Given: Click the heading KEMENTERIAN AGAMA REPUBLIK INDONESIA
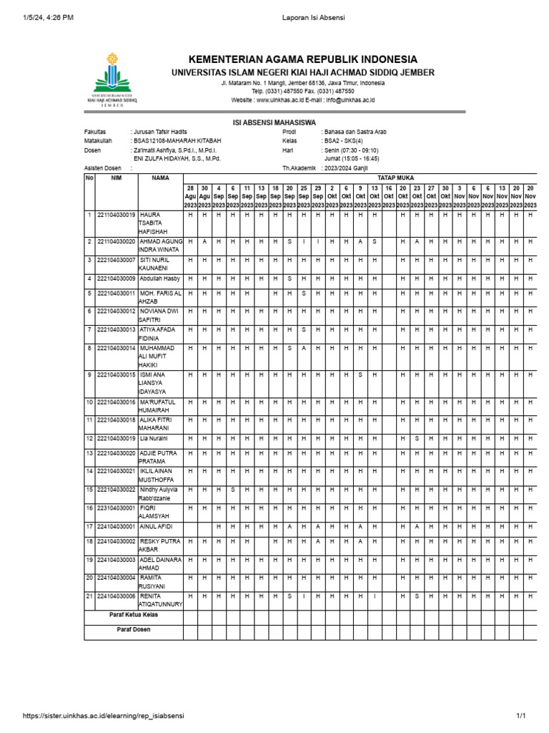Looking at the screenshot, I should click(302, 59).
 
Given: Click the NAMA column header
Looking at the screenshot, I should click(160, 178).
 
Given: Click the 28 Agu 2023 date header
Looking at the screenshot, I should click(190, 195).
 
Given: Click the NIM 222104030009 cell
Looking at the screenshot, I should click(117, 278).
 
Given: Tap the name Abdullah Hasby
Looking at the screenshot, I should click(160, 278).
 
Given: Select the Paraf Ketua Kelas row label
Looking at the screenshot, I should click(134, 614).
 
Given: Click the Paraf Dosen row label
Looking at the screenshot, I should click(134, 630).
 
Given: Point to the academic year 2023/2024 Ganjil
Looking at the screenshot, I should click(351, 168).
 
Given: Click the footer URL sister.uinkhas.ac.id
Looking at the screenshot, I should click(103, 716).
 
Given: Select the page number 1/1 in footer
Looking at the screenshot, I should click(520, 716).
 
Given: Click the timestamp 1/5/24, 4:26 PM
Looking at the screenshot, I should click(47, 18).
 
